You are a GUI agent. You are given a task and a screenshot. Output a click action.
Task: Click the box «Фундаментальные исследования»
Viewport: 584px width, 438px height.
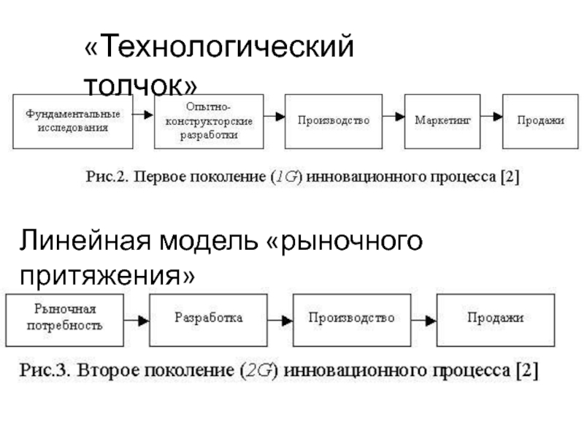[73, 120]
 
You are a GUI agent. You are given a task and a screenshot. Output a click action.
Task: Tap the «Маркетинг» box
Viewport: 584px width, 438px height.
[442, 120]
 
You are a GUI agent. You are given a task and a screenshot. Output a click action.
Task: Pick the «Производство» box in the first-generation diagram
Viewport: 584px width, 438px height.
[334, 120]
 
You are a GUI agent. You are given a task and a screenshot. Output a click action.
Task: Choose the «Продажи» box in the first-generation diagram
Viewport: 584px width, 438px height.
[540, 120]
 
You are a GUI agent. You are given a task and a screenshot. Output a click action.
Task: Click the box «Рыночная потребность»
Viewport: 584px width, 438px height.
[64, 319]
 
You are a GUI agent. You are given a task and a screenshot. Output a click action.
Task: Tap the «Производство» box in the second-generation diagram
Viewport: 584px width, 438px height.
[352, 319]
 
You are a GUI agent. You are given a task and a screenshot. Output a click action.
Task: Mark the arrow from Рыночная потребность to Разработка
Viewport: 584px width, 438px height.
[135, 320]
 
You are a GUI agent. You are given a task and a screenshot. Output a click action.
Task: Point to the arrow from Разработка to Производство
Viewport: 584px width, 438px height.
[280, 320]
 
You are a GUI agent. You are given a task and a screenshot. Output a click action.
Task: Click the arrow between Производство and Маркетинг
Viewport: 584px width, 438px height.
[394, 116]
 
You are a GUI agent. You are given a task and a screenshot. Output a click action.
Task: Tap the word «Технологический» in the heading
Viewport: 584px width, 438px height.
[219, 50]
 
